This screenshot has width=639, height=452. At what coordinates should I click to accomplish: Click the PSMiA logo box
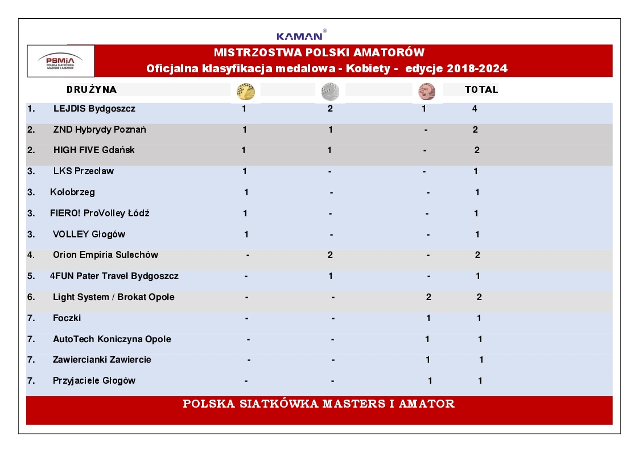tap(60, 61)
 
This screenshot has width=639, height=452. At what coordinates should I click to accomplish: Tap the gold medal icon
tap(246, 91)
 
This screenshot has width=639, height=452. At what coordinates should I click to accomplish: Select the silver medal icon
tap(330, 91)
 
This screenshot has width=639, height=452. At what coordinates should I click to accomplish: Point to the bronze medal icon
tap(426, 91)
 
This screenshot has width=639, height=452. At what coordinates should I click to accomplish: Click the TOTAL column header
tap(481, 90)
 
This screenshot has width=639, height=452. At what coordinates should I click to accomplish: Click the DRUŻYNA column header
tap(92, 90)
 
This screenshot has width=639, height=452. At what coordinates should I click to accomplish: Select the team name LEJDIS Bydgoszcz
tap(94, 109)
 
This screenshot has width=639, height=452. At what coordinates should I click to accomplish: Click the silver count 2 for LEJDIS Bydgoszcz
tap(330, 109)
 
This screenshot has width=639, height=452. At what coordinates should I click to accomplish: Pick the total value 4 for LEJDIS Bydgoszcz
tap(475, 109)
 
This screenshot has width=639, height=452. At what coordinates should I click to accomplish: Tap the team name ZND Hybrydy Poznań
tap(100, 130)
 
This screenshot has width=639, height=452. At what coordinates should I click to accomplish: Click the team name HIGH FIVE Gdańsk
tap(94, 150)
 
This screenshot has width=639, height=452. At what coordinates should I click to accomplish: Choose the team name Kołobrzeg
tap(72, 192)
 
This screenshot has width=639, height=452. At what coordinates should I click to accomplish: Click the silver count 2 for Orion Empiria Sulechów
tap(330, 255)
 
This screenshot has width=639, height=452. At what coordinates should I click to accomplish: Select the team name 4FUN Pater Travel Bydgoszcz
tap(114, 276)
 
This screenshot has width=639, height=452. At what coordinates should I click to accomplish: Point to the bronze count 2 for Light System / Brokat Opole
tap(428, 297)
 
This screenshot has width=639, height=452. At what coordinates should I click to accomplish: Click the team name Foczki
tap(67, 318)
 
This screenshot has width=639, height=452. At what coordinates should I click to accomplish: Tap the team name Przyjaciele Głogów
tap(94, 381)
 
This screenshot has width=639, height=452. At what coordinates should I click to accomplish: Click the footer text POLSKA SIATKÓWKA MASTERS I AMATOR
tap(319, 404)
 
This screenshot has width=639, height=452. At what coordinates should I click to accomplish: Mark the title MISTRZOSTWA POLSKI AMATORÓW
tap(319, 53)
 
